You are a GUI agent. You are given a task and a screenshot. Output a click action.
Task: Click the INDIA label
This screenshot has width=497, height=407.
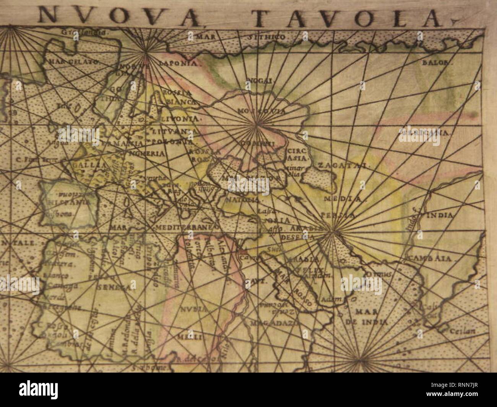point(440,216)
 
